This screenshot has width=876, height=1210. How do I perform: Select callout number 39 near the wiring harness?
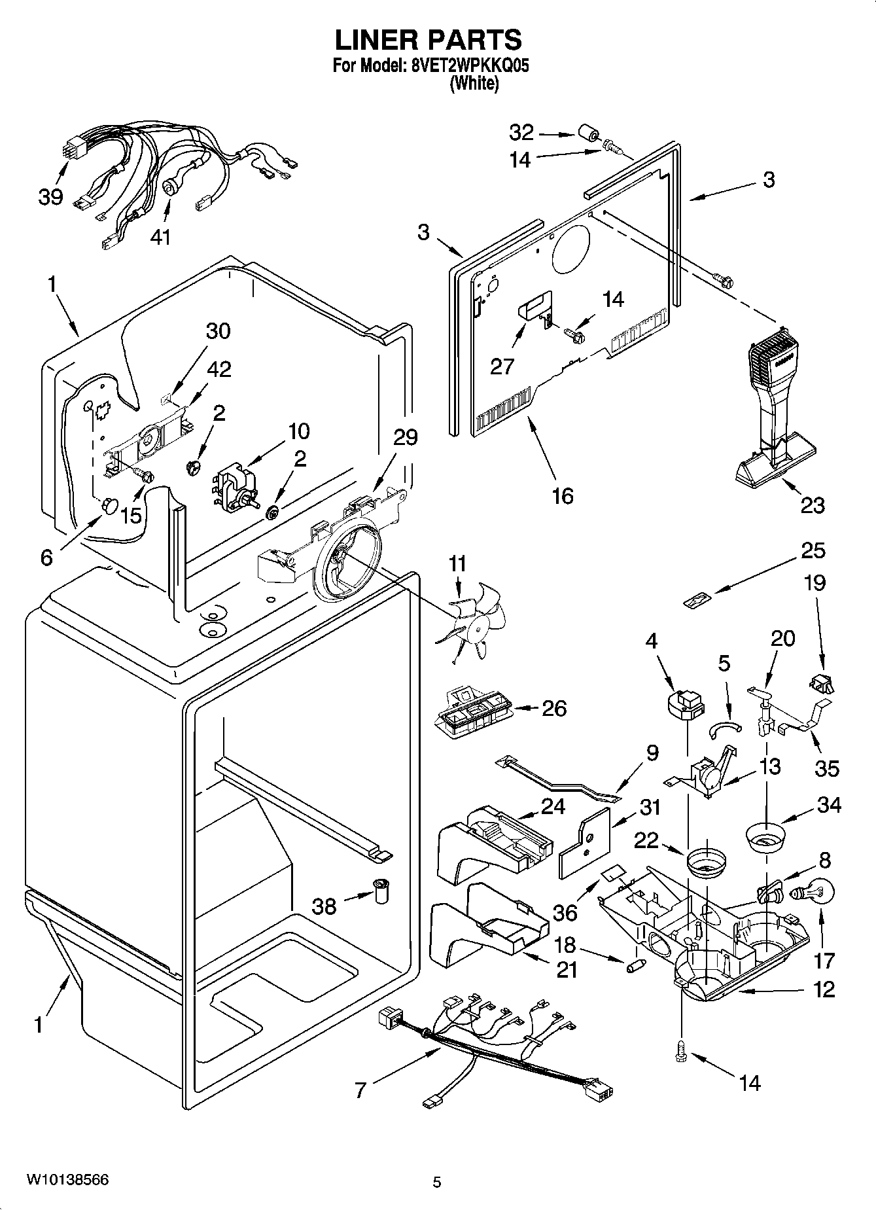click(50, 196)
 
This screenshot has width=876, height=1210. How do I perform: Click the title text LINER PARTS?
click(429, 40)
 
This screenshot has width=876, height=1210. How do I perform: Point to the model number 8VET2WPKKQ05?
click(469, 66)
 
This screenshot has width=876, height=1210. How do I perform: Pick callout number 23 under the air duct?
click(813, 505)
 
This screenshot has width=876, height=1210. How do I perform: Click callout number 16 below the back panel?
click(563, 496)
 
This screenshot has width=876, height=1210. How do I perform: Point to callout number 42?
click(219, 369)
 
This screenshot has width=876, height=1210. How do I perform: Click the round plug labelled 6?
click(107, 505)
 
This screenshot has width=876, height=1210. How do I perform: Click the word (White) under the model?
click(474, 84)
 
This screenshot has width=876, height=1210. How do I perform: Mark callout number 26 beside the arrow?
click(554, 708)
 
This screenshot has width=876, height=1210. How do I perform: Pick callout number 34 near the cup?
click(829, 805)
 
